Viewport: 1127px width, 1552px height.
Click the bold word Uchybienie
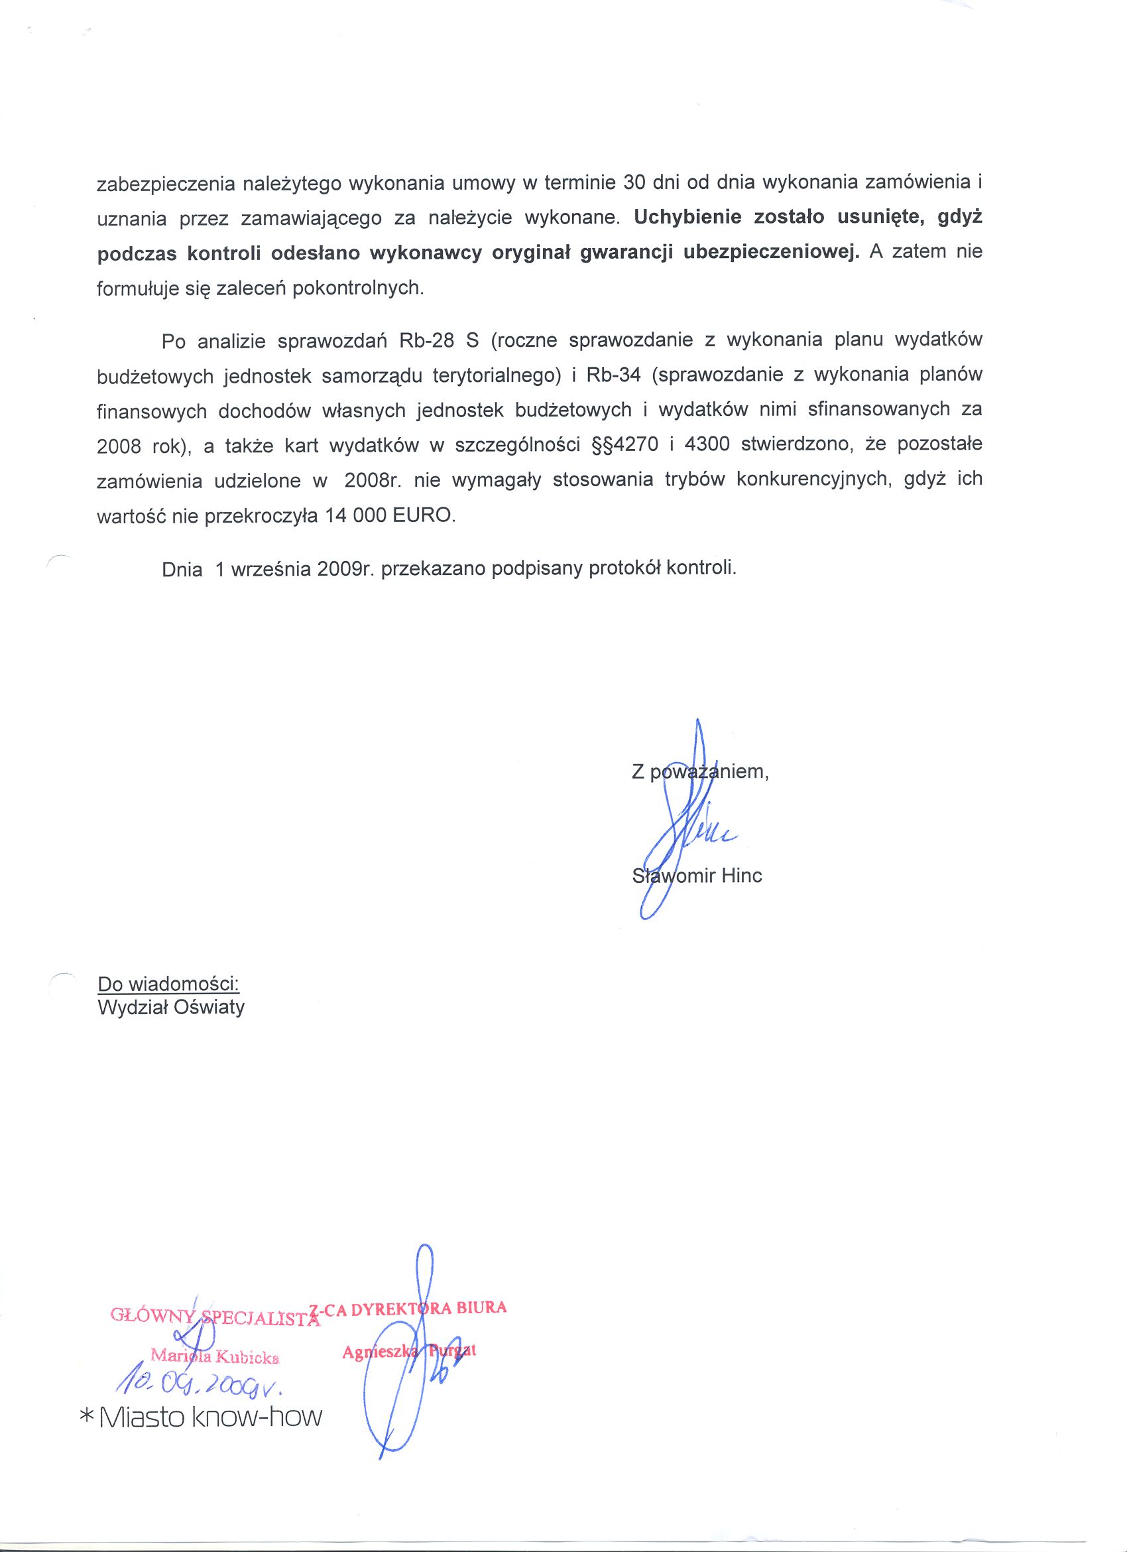click(678, 218)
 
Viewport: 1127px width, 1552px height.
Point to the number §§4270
click(624, 445)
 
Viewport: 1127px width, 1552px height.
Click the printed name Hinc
click(741, 876)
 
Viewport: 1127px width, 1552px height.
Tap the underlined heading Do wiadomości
click(168, 984)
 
